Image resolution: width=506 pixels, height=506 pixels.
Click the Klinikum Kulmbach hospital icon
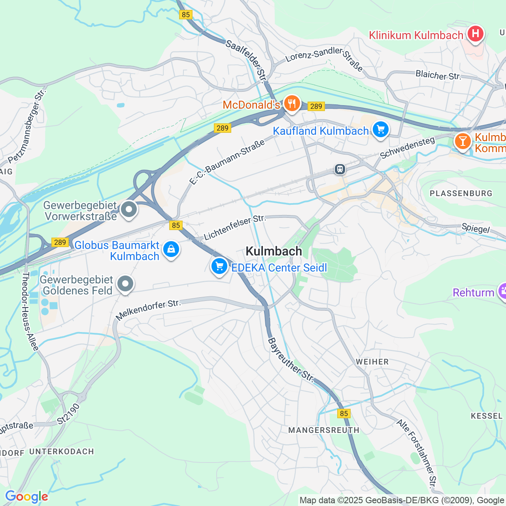coord(475,34)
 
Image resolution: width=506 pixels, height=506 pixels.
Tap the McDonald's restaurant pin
coord(292,104)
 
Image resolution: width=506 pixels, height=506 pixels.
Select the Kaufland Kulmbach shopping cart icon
coord(381,130)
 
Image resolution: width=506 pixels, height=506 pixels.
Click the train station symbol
coord(340,169)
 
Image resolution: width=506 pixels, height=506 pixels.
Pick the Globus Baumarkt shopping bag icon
coord(171,249)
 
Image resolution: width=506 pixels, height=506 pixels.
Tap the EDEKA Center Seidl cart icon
coord(219,266)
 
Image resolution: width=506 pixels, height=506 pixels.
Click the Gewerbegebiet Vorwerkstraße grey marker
coord(128,210)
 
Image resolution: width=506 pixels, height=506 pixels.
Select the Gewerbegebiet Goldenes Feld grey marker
coord(125,284)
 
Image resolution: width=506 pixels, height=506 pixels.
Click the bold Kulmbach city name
coord(274,251)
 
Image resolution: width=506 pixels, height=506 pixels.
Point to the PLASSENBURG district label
coord(461,193)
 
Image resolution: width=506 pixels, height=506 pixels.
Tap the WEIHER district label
coord(372,362)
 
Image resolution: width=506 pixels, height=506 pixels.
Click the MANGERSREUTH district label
coord(324,430)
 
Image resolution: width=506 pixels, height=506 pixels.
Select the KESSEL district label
coord(487,416)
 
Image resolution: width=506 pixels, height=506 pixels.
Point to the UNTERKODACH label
coord(62,451)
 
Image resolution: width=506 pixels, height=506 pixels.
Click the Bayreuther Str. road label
coord(291,360)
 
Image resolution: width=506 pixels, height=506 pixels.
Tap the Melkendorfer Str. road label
coord(148,310)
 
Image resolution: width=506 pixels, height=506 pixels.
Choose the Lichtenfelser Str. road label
coord(234,228)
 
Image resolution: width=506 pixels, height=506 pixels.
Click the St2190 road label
coord(68,414)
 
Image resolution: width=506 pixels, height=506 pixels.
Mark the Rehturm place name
coord(473,293)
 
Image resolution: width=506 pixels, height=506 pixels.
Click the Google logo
coord(26,497)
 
